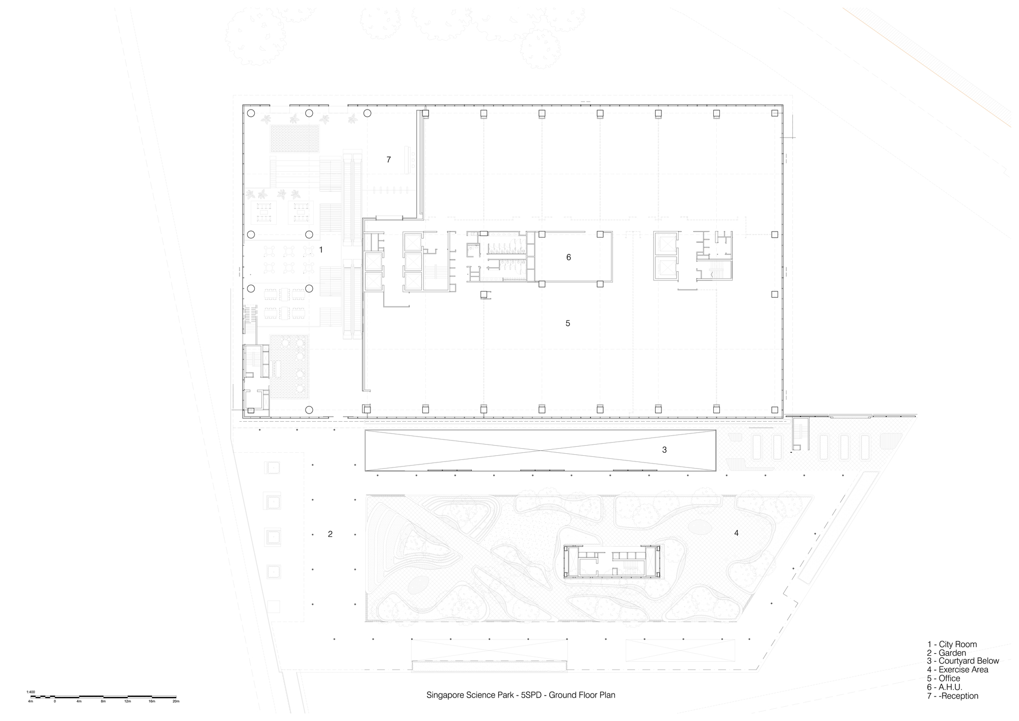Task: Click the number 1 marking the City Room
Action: pos(320,250)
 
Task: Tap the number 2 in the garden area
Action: pos(330,534)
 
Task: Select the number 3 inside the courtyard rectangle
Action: pos(664,450)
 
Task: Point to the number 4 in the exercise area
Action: pos(736,533)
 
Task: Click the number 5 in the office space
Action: pos(568,323)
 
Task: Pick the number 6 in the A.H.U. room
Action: pos(569,257)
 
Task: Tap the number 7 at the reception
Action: pos(389,160)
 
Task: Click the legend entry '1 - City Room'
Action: pos(952,645)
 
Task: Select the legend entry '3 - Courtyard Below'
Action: pos(963,661)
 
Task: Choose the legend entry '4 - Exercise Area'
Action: pos(957,670)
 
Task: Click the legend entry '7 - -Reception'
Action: pos(953,696)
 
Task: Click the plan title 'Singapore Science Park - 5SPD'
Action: pos(521,695)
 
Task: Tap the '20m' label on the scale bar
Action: pos(176,702)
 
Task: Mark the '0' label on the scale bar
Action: pos(55,702)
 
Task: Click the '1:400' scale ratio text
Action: pos(31,692)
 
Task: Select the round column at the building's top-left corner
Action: pos(251,113)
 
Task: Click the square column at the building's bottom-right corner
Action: pos(774,409)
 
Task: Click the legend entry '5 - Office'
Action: pos(944,679)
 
